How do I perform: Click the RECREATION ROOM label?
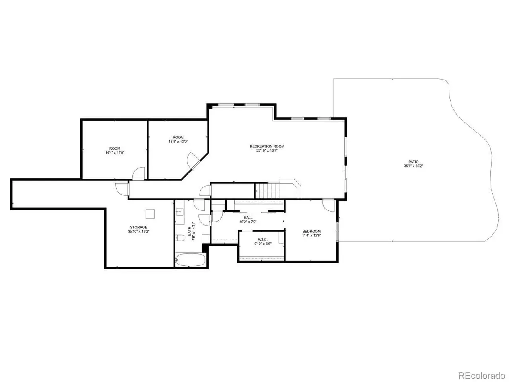(x=267, y=146)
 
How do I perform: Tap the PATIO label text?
(x=414, y=162)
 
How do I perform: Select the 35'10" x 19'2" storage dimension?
(x=138, y=232)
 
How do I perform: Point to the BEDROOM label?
(x=311, y=231)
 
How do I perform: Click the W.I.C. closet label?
(x=263, y=240)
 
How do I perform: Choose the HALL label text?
(x=248, y=218)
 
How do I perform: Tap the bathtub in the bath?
(x=190, y=260)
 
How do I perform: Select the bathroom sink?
(x=179, y=212)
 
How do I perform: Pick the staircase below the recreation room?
(x=267, y=191)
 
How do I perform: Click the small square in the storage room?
(x=150, y=214)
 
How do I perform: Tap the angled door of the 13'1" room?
(x=193, y=160)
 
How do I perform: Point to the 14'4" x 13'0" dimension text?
(x=115, y=153)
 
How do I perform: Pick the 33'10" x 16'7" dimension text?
(x=267, y=150)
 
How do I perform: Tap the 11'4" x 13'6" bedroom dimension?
(x=311, y=236)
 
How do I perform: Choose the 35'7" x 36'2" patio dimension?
(x=414, y=166)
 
